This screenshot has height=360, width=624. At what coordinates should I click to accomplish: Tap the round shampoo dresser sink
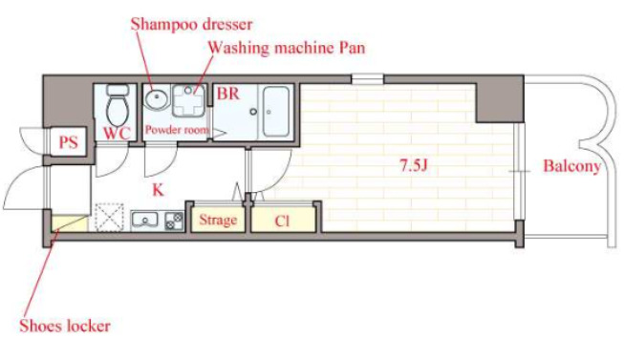pyautogui.click(x=156, y=97)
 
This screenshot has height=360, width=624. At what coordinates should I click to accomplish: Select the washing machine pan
pyautogui.click(x=188, y=100)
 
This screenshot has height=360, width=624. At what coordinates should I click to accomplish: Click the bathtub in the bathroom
pyautogui.click(x=275, y=112)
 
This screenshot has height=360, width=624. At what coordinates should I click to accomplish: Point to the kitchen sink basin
pyautogui.click(x=145, y=220)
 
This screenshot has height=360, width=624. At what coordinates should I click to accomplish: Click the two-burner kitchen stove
pyautogui.click(x=174, y=222)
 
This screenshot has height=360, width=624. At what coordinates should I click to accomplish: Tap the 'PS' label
pyautogui.click(x=68, y=142)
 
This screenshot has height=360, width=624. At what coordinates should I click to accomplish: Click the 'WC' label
pyautogui.click(x=117, y=134)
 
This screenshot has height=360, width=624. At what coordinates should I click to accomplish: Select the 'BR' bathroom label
pyautogui.click(x=228, y=94)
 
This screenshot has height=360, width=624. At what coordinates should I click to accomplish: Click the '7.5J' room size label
pyautogui.click(x=414, y=165)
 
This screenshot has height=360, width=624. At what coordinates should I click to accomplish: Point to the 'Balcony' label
pyautogui.click(x=571, y=166)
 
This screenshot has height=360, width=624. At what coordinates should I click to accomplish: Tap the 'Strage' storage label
pyautogui.click(x=218, y=220)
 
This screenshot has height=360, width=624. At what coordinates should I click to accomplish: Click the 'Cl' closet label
pyautogui.click(x=282, y=221)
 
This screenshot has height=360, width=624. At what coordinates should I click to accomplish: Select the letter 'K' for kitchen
pyautogui.click(x=159, y=190)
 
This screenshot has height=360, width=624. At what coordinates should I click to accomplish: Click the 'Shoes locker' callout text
pyautogui.click(x=65, y=326)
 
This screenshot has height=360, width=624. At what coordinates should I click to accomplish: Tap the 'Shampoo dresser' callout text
pyautogui.click(x=191, y=24)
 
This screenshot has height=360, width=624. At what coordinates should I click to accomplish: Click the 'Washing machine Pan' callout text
pyautogui.click(x=287, y=48)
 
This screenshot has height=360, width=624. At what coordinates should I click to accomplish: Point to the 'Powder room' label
pyautogui.click(x=177, y=130)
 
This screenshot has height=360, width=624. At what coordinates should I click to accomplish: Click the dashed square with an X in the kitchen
pyautogui.click(x=109, y=217)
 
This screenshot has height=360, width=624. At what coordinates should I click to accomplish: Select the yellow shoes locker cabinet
pyautogui.click(x=69, y=223)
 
